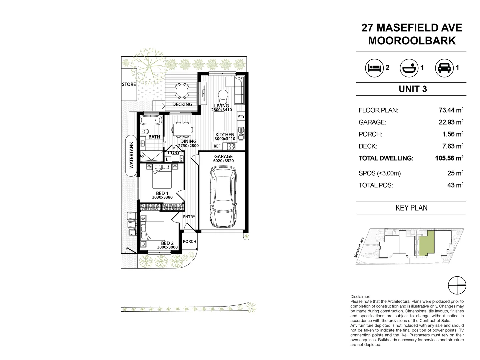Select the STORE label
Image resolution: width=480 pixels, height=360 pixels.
click(129, 84)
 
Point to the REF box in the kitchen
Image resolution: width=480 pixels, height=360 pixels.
click(217, 146)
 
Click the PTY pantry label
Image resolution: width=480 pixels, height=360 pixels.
click(241, 117)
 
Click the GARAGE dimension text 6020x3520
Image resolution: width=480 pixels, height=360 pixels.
click(223, 161)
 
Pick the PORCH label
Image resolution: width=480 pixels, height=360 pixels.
click(190, 241)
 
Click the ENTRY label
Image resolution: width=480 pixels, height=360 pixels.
click(189, 217)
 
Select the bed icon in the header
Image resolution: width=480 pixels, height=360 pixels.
click(374, 68)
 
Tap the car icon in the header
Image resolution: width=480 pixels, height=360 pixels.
click(444, 68)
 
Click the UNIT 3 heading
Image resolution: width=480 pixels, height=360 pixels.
click(413, 89)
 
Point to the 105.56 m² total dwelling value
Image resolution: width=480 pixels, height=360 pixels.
click(449, 158)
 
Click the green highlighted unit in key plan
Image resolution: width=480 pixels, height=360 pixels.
click(427, 243)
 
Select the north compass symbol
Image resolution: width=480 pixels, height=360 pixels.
click(457, 286)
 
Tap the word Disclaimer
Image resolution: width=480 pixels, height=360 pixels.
click(360, 296)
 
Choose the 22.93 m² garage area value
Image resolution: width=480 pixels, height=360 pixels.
click(451, 122)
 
